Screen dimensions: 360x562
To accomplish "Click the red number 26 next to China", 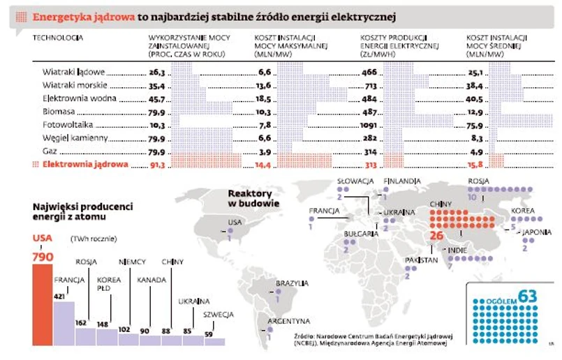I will point(436,236).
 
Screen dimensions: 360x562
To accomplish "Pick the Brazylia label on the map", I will point(292,283).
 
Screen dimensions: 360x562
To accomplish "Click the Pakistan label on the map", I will point(422,260).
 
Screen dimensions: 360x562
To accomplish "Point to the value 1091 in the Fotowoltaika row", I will point(368,125).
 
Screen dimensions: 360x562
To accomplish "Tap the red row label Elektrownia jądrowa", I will point(85,165).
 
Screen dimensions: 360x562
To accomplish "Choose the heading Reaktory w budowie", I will point(254,198).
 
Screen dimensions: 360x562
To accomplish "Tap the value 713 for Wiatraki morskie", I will point(371,85).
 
